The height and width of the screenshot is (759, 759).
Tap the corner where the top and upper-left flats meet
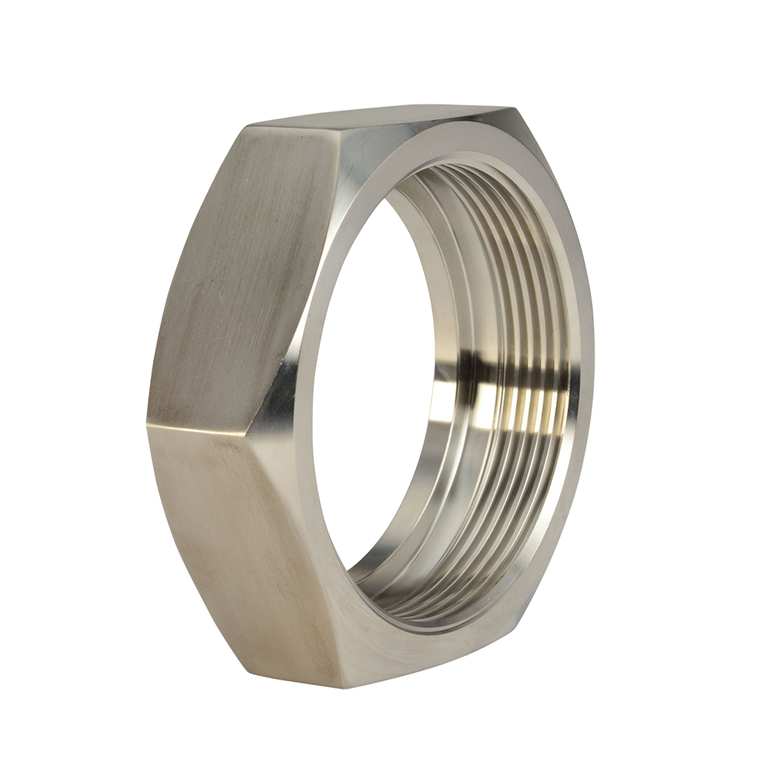pos(248,128)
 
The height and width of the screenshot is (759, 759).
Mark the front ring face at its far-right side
pos(585,356)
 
